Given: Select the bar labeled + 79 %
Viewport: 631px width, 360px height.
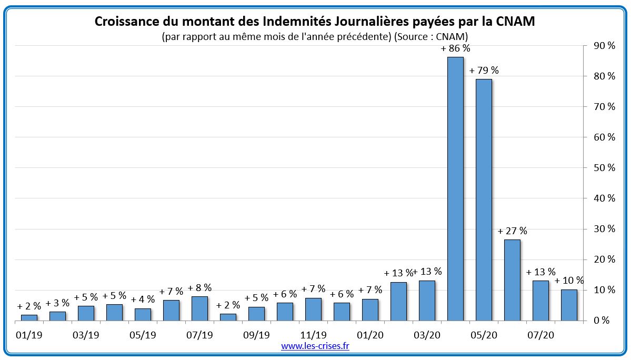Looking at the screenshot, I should (x=484, y=199).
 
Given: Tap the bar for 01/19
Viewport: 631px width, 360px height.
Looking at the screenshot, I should (x=29, y=317).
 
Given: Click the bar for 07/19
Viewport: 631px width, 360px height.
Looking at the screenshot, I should (x=199, y=308).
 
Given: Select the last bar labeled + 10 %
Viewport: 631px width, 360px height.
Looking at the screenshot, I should (x=569, y=305).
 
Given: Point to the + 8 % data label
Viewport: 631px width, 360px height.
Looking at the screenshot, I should (x=199, y=287).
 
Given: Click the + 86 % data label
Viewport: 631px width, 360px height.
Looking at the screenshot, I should (x=455, y=48).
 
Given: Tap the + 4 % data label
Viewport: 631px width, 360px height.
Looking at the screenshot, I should (x=143, y=299).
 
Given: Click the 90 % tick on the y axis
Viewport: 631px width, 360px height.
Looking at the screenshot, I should (x=604, y=46).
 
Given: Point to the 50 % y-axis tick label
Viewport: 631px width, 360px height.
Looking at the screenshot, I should (x=604, y=168).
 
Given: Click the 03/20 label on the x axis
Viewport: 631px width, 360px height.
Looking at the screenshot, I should (x=427, y=335).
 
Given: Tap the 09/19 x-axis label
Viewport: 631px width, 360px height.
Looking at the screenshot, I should (x=256, y=335).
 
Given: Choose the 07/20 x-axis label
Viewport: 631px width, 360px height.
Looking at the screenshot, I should (x=540, y=335).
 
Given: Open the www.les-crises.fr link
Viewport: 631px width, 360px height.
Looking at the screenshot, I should (x=315, y=346).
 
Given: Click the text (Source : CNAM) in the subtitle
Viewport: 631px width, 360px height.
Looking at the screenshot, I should (x=431, y=36).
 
